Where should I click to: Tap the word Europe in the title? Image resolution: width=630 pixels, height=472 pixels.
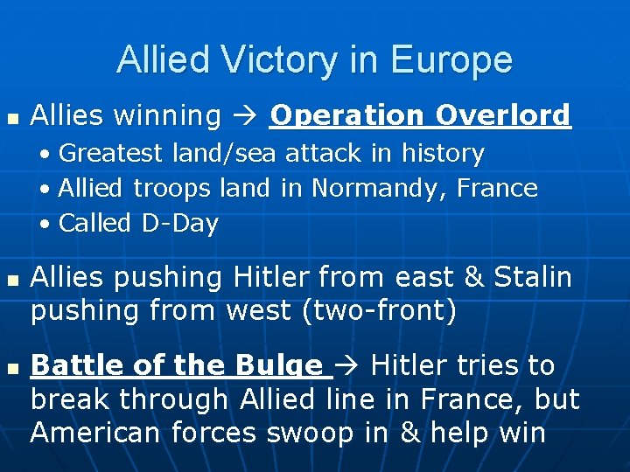coord(452,59)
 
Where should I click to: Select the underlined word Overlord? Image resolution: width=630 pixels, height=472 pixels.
coord(503,115)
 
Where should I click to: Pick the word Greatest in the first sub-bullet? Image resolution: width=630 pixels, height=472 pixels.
coord(110,154)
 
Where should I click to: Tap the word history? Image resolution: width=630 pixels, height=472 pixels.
coord(442,154)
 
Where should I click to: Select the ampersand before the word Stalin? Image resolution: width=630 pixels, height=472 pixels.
coord(473,278)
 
